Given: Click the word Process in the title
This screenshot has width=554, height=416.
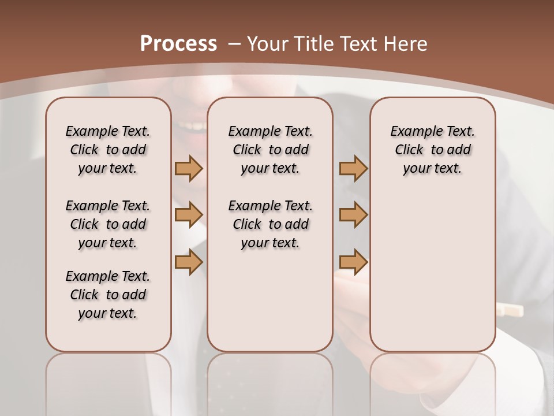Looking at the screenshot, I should pyautogui.click(x=178, y=43).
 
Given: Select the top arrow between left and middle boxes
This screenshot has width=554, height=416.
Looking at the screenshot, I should pyautogui.click(x=189, y=168).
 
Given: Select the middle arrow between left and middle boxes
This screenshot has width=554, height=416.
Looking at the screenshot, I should pyautogui.click(x=189, y=215).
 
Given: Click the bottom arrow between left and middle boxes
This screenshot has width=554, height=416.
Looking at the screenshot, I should pyautogui.click(x=189, y=262).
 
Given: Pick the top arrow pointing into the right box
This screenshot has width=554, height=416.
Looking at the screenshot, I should pyautogui.click(x=353, y=168).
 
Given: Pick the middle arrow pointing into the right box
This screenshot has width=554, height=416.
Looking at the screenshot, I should pyautogui.click(x=353, y=215).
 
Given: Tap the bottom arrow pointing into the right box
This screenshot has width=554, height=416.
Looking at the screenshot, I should pyautogui.click(x=353, y=262).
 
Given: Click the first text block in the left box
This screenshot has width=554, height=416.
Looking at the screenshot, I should pyautogui.click(x=108, y=150).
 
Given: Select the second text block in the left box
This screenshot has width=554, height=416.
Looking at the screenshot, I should pyautogui.click(x=108, y=224).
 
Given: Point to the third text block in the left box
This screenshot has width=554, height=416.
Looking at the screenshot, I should pyautogui.click(x=108, y=295).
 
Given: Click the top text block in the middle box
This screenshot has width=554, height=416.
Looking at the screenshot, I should pyautogui.click(x=270, y=150).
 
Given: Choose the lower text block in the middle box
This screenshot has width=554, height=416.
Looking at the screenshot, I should pyautogui.click(x=270, y=224).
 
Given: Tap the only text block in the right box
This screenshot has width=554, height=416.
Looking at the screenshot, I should pyautogui.click(x=432, y=150).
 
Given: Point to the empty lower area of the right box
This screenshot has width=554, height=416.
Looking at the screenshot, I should pyautogui.click(x=432, y=272).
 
